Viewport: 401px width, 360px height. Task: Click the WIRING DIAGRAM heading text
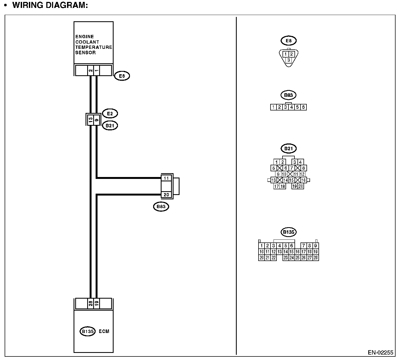(x=50, y=5)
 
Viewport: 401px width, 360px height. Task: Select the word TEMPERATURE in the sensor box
(x=94, y=47)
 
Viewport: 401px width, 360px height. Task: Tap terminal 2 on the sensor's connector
(x=90, y=71)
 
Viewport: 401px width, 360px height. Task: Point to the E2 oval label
(x=110, y=113)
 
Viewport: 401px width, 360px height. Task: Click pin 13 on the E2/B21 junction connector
(x=90, y=119)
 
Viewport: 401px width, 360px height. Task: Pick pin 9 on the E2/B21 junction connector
(x=96, y=119)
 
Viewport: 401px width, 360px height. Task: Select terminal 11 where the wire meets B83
(x=166, y=178)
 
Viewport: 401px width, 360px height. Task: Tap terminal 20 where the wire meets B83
(x=166, y=195)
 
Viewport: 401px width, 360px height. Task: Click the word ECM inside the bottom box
(x=104, y=331)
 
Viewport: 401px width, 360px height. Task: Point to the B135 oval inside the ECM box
(x=87, y=331)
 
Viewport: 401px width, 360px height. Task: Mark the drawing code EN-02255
(x=381, y=353)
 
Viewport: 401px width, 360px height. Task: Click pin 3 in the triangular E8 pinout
(x=288, y=60)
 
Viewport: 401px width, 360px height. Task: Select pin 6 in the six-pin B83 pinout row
(x=303, y=107)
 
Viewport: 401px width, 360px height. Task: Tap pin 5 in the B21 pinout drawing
(x=274, y=168)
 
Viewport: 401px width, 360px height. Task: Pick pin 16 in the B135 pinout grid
(x=297, y=252)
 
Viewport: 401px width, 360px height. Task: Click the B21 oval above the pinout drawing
(x=288, y=149)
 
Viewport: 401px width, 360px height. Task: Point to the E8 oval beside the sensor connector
(x=122, y=76)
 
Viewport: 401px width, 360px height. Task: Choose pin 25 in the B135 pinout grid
(x=297, y=258)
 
